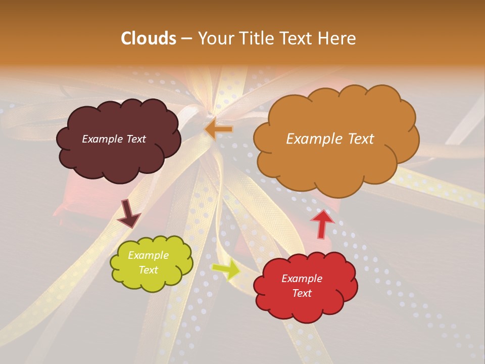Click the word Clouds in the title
click(x=149, y=38)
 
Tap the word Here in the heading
click(x=337, y=38)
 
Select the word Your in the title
click(x=214, y=38)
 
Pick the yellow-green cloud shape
click(x=152, y=281)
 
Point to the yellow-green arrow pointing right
click(x=227, y=269)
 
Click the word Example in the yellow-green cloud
click(x=149, y=255)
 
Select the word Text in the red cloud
click(x=302, y=293)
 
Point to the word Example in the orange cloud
click(x=310, y=139)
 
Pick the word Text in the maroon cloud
click(x=136, y=139)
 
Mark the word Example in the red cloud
click(x=302, y=279)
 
